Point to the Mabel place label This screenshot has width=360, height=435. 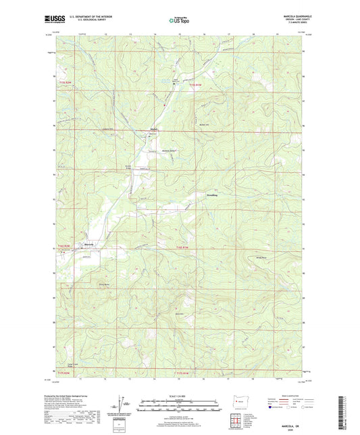coord(153,129)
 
